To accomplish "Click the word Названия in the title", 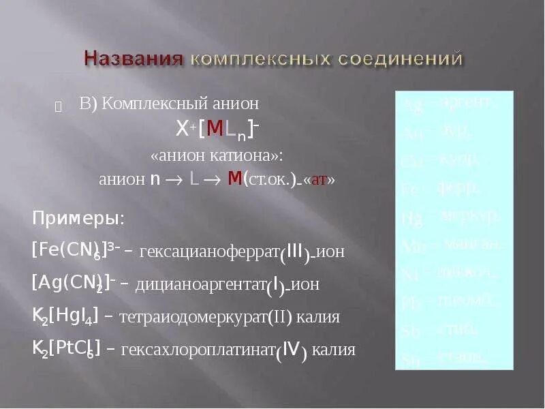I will (134, 58).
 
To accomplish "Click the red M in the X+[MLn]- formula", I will (215, 129).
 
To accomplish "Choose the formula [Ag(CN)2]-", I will (72, 283).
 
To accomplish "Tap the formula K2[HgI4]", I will (65, 316).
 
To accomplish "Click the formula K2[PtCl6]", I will (67, 348).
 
